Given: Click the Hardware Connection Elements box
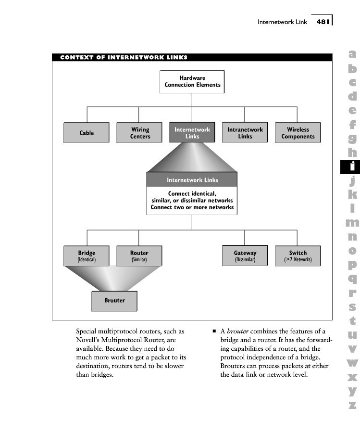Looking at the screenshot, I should pos(192,81).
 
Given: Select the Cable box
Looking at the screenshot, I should pos(87,133).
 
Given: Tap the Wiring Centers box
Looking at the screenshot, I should pos(139,133).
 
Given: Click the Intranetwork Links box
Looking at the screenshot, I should pos(245,133).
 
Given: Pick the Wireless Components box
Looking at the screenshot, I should pos(298,133).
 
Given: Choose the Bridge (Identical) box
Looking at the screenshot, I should pos(87,256).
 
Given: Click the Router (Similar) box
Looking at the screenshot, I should pos(139,256).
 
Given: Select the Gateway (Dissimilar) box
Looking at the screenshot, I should pos(245,256).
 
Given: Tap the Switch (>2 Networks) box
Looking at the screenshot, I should pos(298,256).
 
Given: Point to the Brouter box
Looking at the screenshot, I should pos(114,301).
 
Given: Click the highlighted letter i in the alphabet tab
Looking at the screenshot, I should pos(353,166).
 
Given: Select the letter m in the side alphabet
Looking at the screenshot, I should pos(353,222).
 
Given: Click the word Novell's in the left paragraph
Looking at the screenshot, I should pos(89,340).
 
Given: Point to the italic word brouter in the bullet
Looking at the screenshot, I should pos(237,331).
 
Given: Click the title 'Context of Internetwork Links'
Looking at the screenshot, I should pos(124,58).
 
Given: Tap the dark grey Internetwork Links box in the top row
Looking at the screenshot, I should pos(192,133).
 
